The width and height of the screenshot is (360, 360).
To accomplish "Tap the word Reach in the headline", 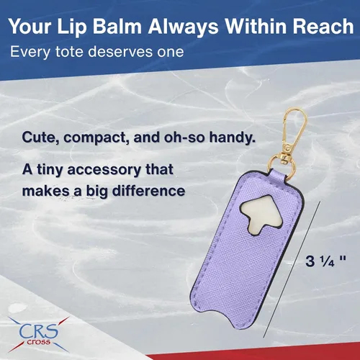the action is pyautogui.click(x=323, y=26).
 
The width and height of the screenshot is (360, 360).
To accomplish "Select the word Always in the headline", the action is pyautogui.click(x=183, y=27).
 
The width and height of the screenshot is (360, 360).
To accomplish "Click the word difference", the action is pyautogui.click(x=149, y=191).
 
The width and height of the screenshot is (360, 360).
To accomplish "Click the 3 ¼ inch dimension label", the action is pyautogui.click(x=325, y=261).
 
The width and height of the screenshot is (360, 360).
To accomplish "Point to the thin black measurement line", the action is pyautogui.click(x=292, y=269).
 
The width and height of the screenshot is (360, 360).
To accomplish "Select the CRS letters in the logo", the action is pyautogui.click(x=39, y=331).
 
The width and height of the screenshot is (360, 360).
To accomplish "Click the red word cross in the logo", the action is pyautogui.click(x=38, y=342).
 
